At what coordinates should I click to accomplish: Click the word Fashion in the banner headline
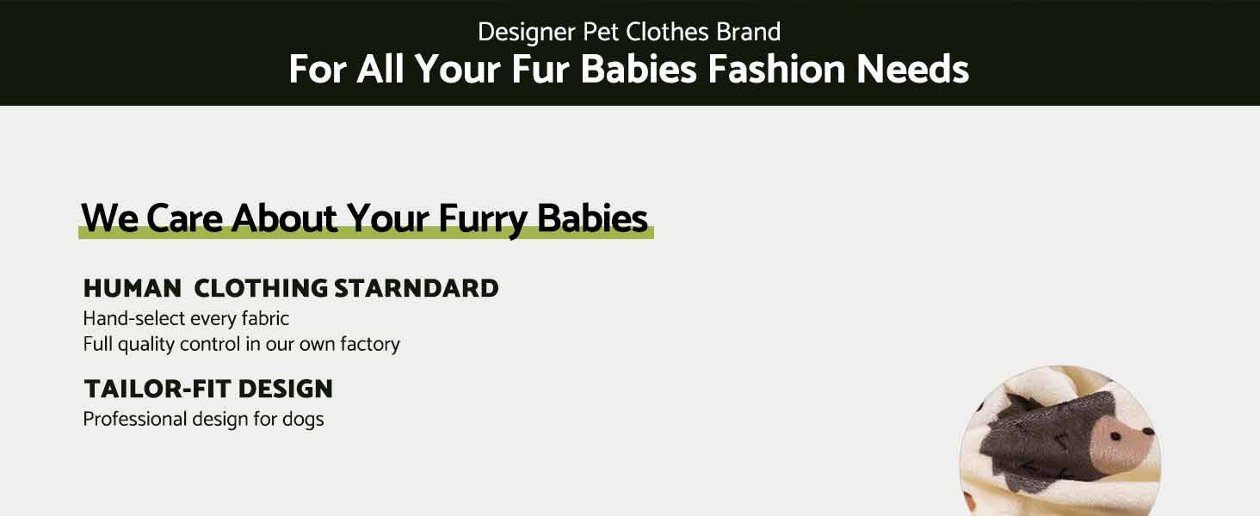775,70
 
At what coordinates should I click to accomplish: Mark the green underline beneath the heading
366,234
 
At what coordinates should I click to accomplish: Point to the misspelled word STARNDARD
417,288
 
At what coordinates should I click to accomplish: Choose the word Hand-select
134,319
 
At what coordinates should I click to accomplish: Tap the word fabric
264,319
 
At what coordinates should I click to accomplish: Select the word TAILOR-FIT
157,390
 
